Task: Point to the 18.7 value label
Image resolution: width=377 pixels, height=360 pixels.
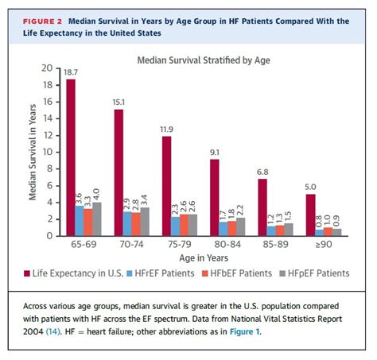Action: [71, 72]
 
